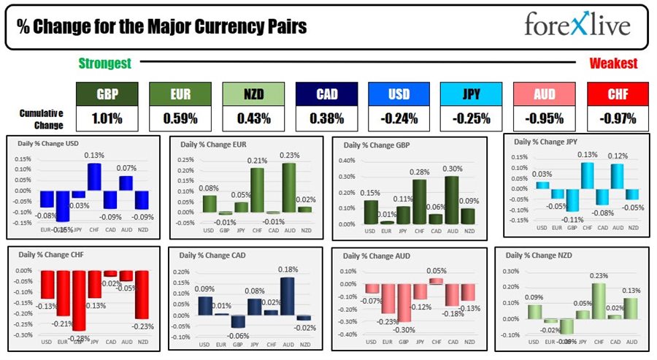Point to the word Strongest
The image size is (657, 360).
click(x=104, y=64)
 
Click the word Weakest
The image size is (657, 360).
click(x=613, y=64)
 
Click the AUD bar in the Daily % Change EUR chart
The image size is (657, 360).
click(x=288, y=188)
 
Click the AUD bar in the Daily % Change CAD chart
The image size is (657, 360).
click(x=288, y=296)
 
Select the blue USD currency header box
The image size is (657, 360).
click(x=399, y=93)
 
